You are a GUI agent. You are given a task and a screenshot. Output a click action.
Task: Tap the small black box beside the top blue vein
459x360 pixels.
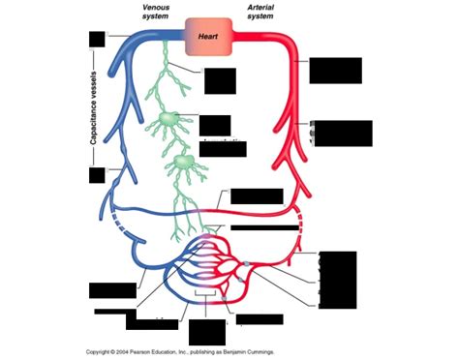click(95, 39)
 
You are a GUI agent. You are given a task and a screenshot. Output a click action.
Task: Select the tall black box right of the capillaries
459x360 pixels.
click(337, 280)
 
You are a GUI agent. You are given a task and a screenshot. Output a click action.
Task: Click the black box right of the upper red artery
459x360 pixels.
click(335, 70)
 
